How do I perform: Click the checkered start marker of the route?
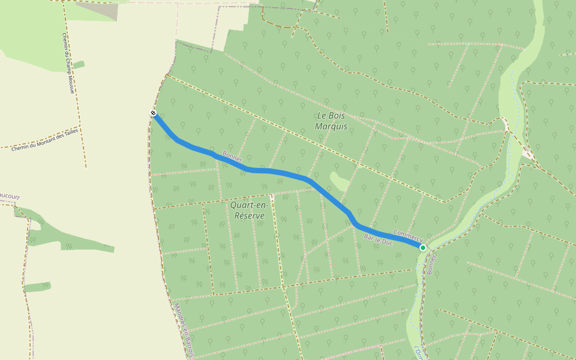click(154, 113)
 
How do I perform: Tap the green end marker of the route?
click(422, 247)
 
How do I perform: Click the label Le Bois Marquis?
click(331, 121)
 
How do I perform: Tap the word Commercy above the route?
click(408, 235)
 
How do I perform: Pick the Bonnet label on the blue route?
click(232, 157)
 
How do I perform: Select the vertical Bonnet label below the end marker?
click(430, 264)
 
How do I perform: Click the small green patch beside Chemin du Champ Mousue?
click(79, 64)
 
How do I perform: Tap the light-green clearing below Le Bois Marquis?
click(340, 181)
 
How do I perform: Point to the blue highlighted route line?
click(282, 173)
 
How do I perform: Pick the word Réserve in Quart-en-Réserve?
click(250, 216)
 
